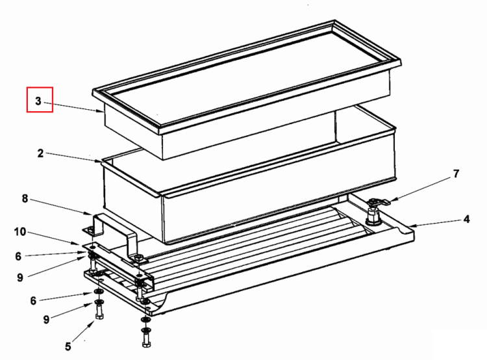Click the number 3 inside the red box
38,101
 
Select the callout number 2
40,153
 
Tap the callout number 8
25,199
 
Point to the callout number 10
20,232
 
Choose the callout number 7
456,174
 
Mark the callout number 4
466,220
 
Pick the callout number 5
68,346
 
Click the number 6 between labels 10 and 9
18,257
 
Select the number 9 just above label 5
46,320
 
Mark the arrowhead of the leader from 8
90,214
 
